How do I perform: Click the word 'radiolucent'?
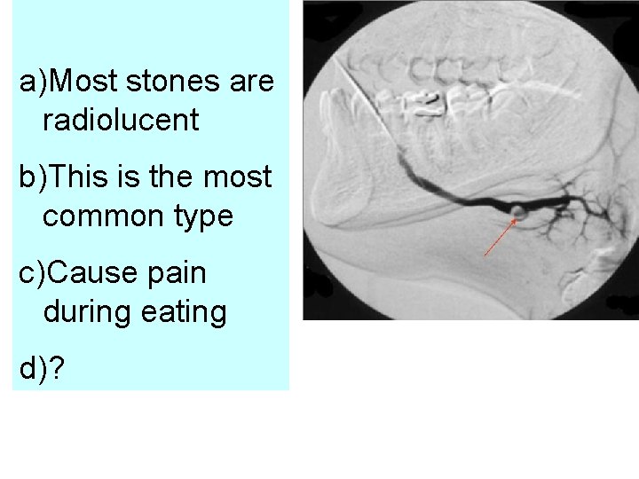click(120, 121)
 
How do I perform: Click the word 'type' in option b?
click(204, 216)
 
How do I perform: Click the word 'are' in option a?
click(251, 82)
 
